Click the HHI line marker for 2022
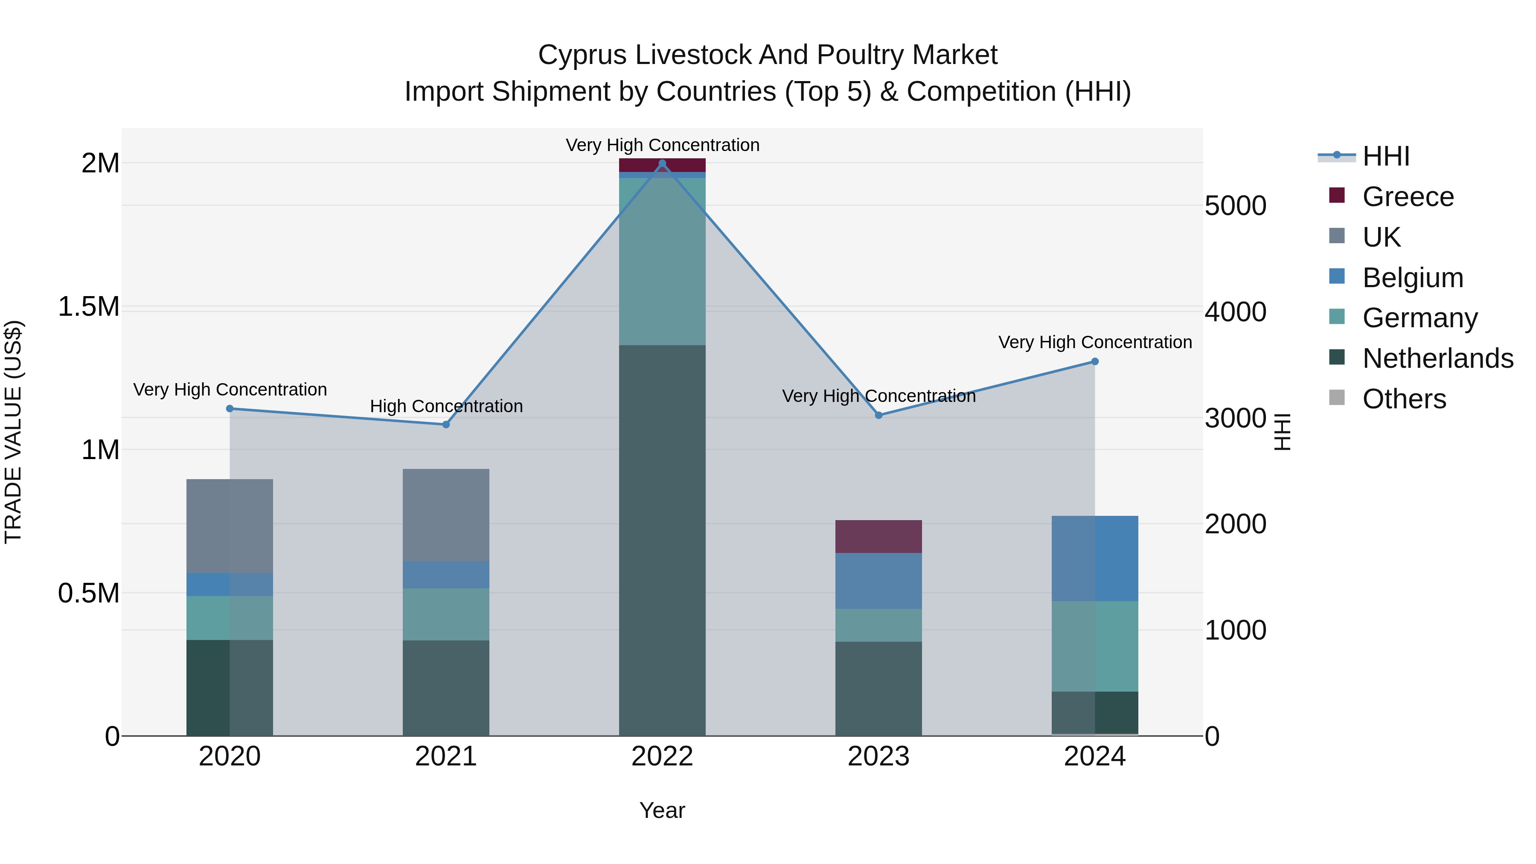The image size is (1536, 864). pos(662,163)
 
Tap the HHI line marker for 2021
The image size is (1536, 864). pos(445,425)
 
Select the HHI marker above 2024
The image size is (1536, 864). pos(1095,361)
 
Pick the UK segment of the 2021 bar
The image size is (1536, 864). pos(445,515)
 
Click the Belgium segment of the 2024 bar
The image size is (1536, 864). pos(1095,558)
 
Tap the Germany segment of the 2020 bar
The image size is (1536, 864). pos(230,618)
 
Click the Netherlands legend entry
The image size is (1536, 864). pos(1437,358)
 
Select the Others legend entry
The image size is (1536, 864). pos(1404,399)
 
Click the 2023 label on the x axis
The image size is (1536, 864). pos(879,756)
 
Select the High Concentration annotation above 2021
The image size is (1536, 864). pos(446,406)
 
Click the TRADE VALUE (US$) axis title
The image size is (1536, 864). pos(13,432)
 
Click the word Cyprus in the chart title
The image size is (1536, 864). pos(582,55)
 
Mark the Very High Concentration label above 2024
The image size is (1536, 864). pos(1095,342)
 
